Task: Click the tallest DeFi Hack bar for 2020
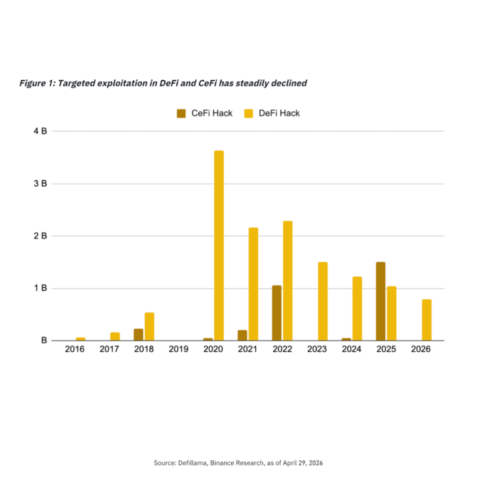coord(219,245)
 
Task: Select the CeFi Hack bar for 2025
coord(381,301)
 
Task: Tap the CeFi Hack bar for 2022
coord(277,313)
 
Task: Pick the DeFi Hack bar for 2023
coord(323,301)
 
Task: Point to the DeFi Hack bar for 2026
coord(427,320)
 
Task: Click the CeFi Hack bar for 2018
coord(138,335)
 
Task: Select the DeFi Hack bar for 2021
coord(253,284)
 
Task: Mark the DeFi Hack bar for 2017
coord(115,336)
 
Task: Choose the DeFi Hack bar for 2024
coord(357,308)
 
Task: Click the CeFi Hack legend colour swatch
coord(181,113)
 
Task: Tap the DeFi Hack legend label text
coord(279,113)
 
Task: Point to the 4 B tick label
coord(41,131)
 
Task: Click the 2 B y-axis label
coord(41,236)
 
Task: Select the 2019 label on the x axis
coord(179,349)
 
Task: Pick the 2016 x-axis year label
coord(74,349)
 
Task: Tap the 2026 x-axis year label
coord(421,349)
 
